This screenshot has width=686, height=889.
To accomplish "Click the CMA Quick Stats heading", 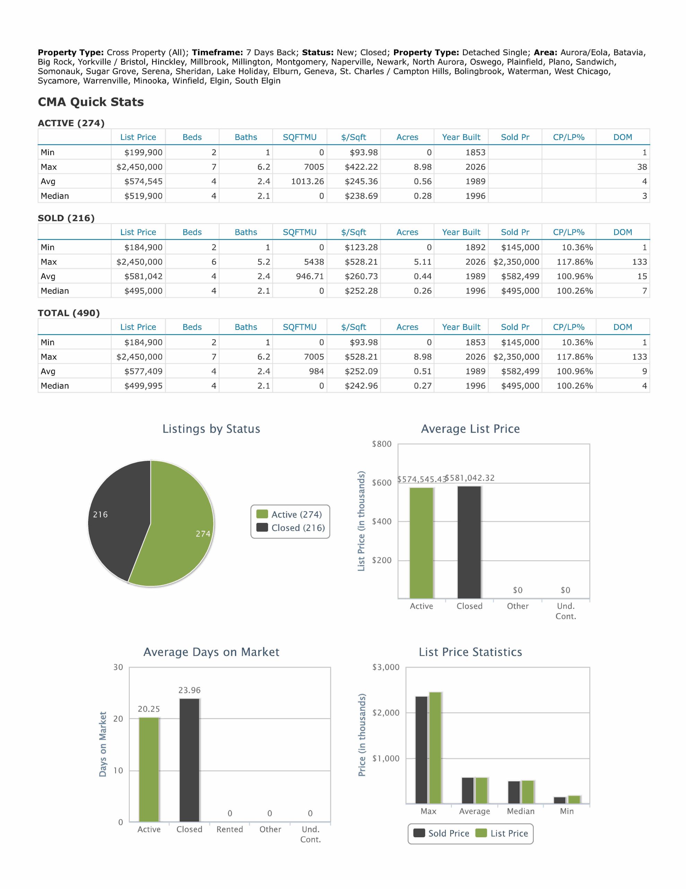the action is click(91, 102).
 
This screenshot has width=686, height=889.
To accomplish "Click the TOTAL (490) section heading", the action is click(69, 313).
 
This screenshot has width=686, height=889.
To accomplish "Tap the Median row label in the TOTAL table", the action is click(55, 386).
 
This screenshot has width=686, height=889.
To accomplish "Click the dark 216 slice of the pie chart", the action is click(116, 517).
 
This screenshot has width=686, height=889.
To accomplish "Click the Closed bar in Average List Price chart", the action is click(469, 542).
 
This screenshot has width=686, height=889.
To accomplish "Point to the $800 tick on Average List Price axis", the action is click(382, 444).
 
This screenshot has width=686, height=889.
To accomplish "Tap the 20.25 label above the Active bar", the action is click(149, 709).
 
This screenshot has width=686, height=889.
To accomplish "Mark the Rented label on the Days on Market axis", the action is click(230, 830).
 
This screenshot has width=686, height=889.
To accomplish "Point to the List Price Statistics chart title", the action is click(471, 652).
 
